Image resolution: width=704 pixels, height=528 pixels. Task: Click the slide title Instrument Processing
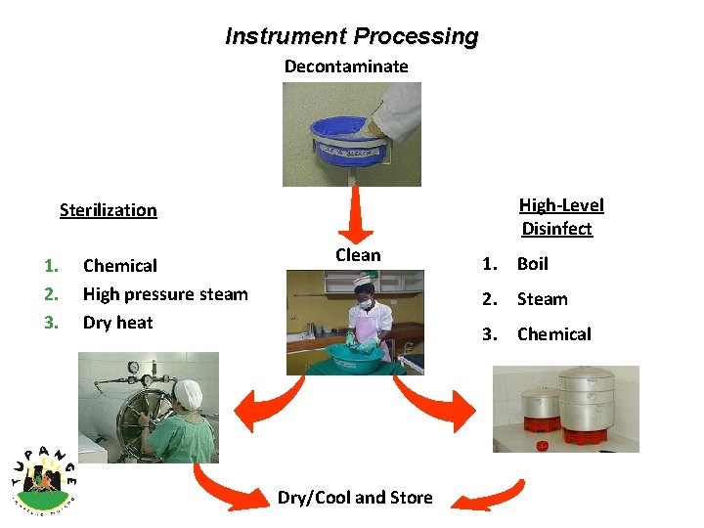pos(352,37)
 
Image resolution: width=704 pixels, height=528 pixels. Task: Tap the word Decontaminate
pos(346,66)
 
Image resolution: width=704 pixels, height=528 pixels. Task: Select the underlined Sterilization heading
pos(108,210)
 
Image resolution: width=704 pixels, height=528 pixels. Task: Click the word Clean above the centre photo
pos(358,255)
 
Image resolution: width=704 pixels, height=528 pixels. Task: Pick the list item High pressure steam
pos(165,294)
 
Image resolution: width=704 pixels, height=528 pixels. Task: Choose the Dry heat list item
pos(117,323)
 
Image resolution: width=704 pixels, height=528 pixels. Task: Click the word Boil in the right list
pos(533,264)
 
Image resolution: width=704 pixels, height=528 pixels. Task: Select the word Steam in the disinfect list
pos(543,299)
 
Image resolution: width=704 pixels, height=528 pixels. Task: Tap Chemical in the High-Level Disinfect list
pos(554,334)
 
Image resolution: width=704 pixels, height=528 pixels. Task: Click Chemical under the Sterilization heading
pos(119,266)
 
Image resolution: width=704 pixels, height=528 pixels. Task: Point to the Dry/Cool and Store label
pos(355,498)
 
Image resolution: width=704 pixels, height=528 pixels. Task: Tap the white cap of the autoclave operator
pos(190,393)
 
